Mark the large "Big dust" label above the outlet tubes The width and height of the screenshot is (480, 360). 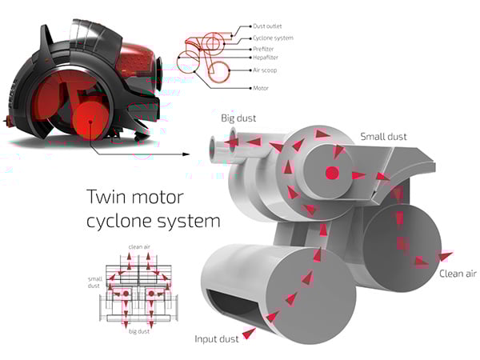point(238,119)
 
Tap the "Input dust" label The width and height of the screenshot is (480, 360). point(217,338)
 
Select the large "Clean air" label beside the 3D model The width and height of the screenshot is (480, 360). point(458,274)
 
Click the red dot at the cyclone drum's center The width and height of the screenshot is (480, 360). point(333,174)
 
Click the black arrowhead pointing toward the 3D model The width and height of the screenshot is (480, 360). point(189,153)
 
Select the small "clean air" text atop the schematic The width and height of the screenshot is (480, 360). point(139,246)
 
